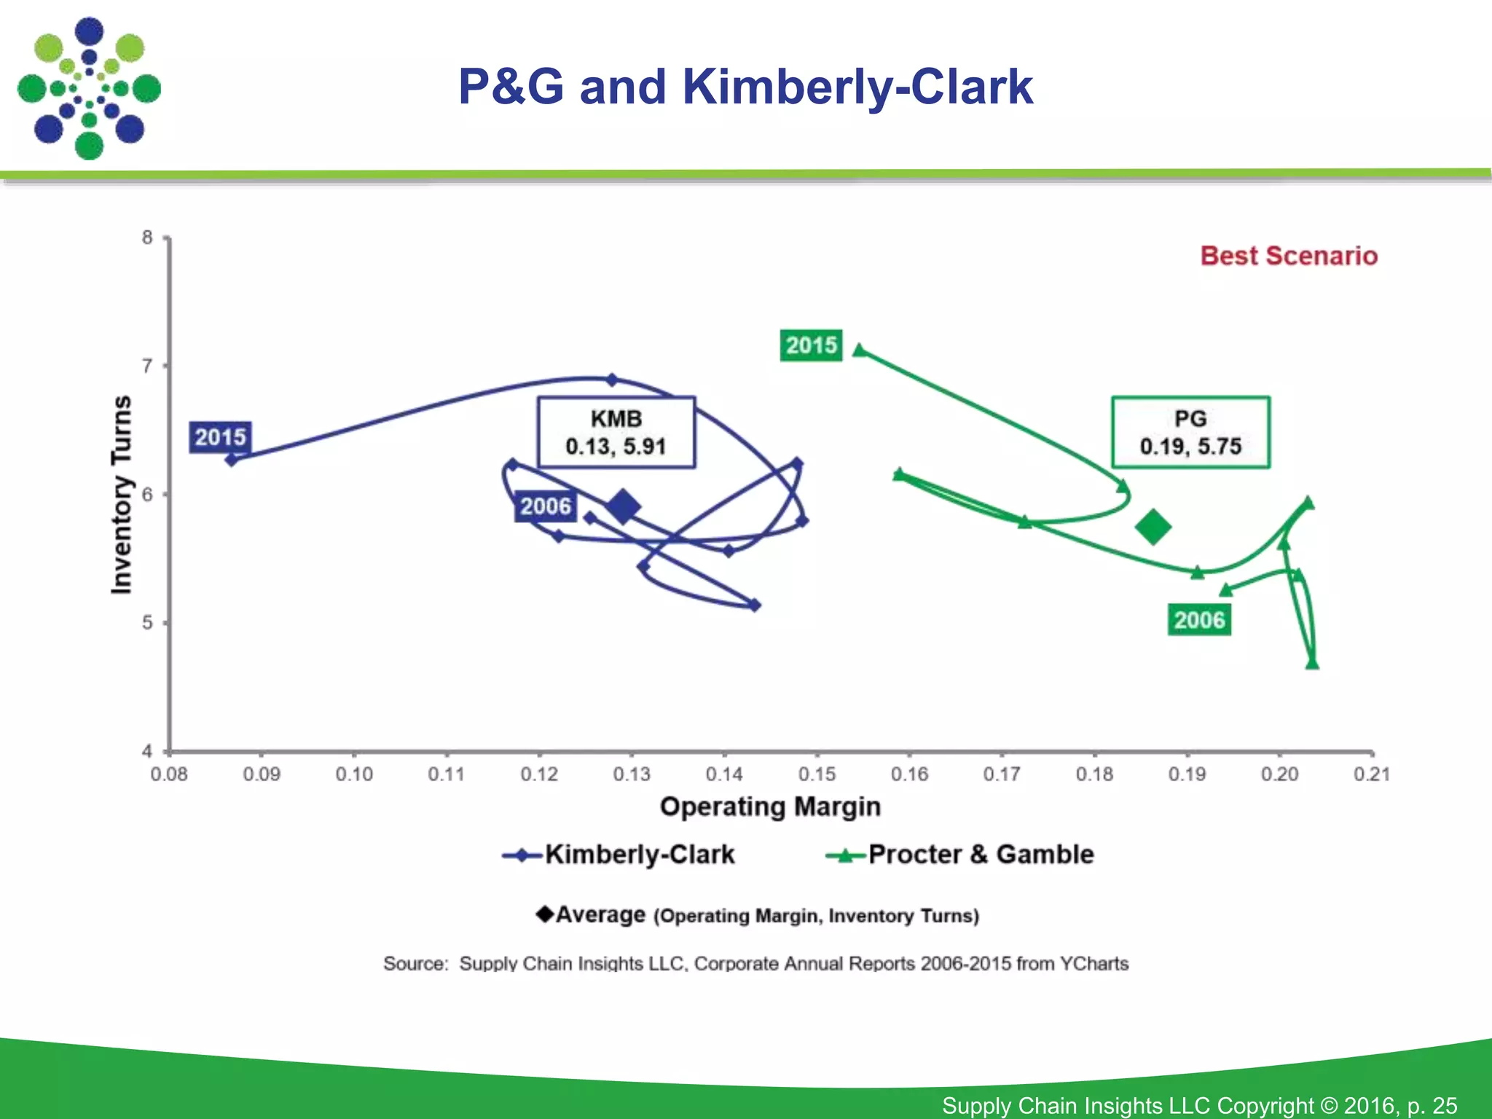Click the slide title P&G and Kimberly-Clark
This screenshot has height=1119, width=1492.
point(745,87)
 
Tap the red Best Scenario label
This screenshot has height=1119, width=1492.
point(1289,256)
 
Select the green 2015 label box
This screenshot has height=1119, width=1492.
point(811,345)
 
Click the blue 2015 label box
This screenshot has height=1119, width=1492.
point(220,437)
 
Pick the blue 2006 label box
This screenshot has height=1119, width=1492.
point(545,506)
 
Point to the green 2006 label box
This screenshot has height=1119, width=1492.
point(1199,620)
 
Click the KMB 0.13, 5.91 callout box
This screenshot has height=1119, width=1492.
point(616,432)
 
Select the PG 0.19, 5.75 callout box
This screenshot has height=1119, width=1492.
point(1190,432)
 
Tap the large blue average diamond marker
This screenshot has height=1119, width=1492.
point(624,506)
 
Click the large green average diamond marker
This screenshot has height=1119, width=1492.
point(1153,527)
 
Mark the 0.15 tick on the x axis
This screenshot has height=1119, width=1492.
point(817,774)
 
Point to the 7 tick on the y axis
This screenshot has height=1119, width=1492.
point(148,366)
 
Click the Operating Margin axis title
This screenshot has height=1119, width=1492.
point(770,806)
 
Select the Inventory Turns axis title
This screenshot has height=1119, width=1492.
point(122,495)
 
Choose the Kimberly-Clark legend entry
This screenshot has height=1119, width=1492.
point(619,855)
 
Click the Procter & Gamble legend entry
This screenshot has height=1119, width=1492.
point(960,855)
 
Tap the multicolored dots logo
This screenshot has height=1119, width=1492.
point(89,88)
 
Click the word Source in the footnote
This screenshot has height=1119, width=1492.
point(415,963)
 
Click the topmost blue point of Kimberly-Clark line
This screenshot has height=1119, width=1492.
point(612,380)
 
